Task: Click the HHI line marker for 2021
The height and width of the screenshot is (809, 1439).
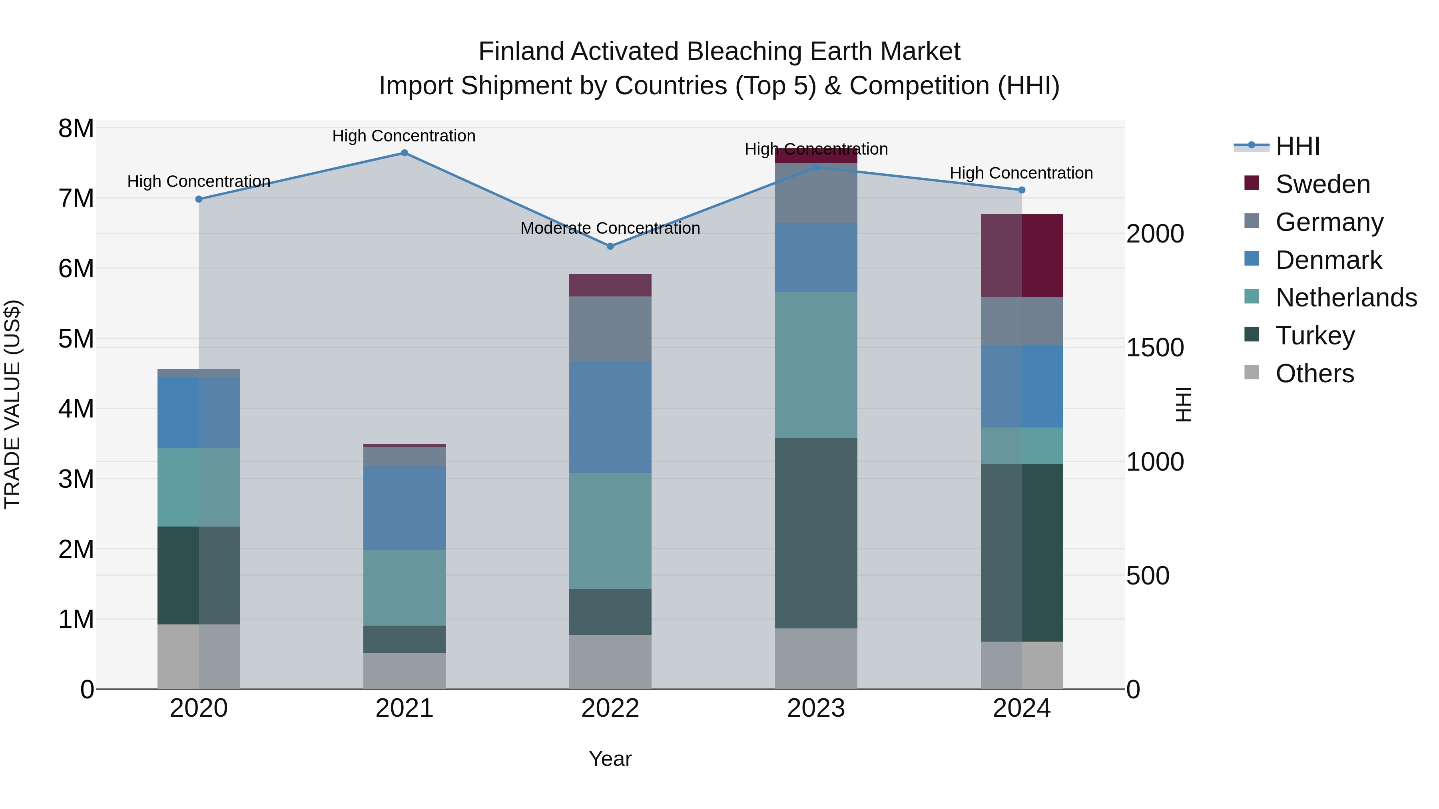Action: tap(405, 153)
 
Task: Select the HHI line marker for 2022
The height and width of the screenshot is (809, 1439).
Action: tap(610, 246)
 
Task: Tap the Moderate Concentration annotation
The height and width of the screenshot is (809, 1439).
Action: tap(610, 229)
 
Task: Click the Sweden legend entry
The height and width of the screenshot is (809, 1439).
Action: tap(1322, 184)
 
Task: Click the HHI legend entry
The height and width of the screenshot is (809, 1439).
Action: tap(1297, 146)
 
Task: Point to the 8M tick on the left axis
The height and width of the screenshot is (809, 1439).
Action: tap(76, 128)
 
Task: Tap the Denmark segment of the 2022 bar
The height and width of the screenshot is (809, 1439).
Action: tap(610, 417)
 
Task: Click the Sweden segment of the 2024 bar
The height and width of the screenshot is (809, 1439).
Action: tap(1022, 256)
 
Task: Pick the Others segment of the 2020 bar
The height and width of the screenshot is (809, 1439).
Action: tap(198, 656)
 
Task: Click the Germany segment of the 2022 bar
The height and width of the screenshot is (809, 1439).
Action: tap(610, 329)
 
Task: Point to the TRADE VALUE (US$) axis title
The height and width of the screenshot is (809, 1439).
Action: tap(12, 404)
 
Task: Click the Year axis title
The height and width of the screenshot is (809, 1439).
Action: tap(610, 759)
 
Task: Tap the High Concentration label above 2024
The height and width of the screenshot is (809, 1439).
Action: tap(1021, 173)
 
